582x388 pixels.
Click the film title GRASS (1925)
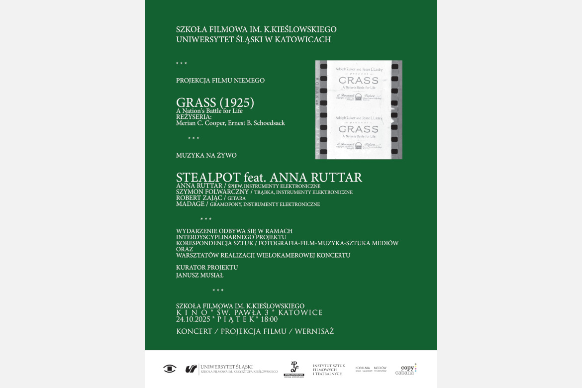pyautogui.click(x=215, y=102)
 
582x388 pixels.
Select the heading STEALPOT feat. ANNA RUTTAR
pyautogui.click(x=269, y=178)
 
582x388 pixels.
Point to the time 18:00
pyautogui.click(x=269, y=319)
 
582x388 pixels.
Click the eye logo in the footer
pyautogui.click(x=170, y=369)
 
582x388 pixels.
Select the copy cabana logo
pyautogui.click(x=405, y=369)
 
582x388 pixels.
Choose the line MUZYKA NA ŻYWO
pyautogui.click(x=206, y=155)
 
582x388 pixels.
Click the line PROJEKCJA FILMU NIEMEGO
pyautogui.click(x=220, y=80)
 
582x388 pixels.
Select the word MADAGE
pyautogui.click(x=190, y=204)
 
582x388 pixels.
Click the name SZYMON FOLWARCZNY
pyautogui.click(x=212, y=192)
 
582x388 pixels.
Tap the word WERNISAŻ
pyautogui.click(x=314, y=331)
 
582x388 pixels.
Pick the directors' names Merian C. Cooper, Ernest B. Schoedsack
pyautogui.click(x=230, y=123)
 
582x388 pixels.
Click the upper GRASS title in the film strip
pyautogui.click(x=358, y=81)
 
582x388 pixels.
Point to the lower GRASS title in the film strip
pyautogui.click(x=358, y=129)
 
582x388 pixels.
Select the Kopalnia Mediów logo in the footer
pyautogui.click(x=371, y=369)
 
